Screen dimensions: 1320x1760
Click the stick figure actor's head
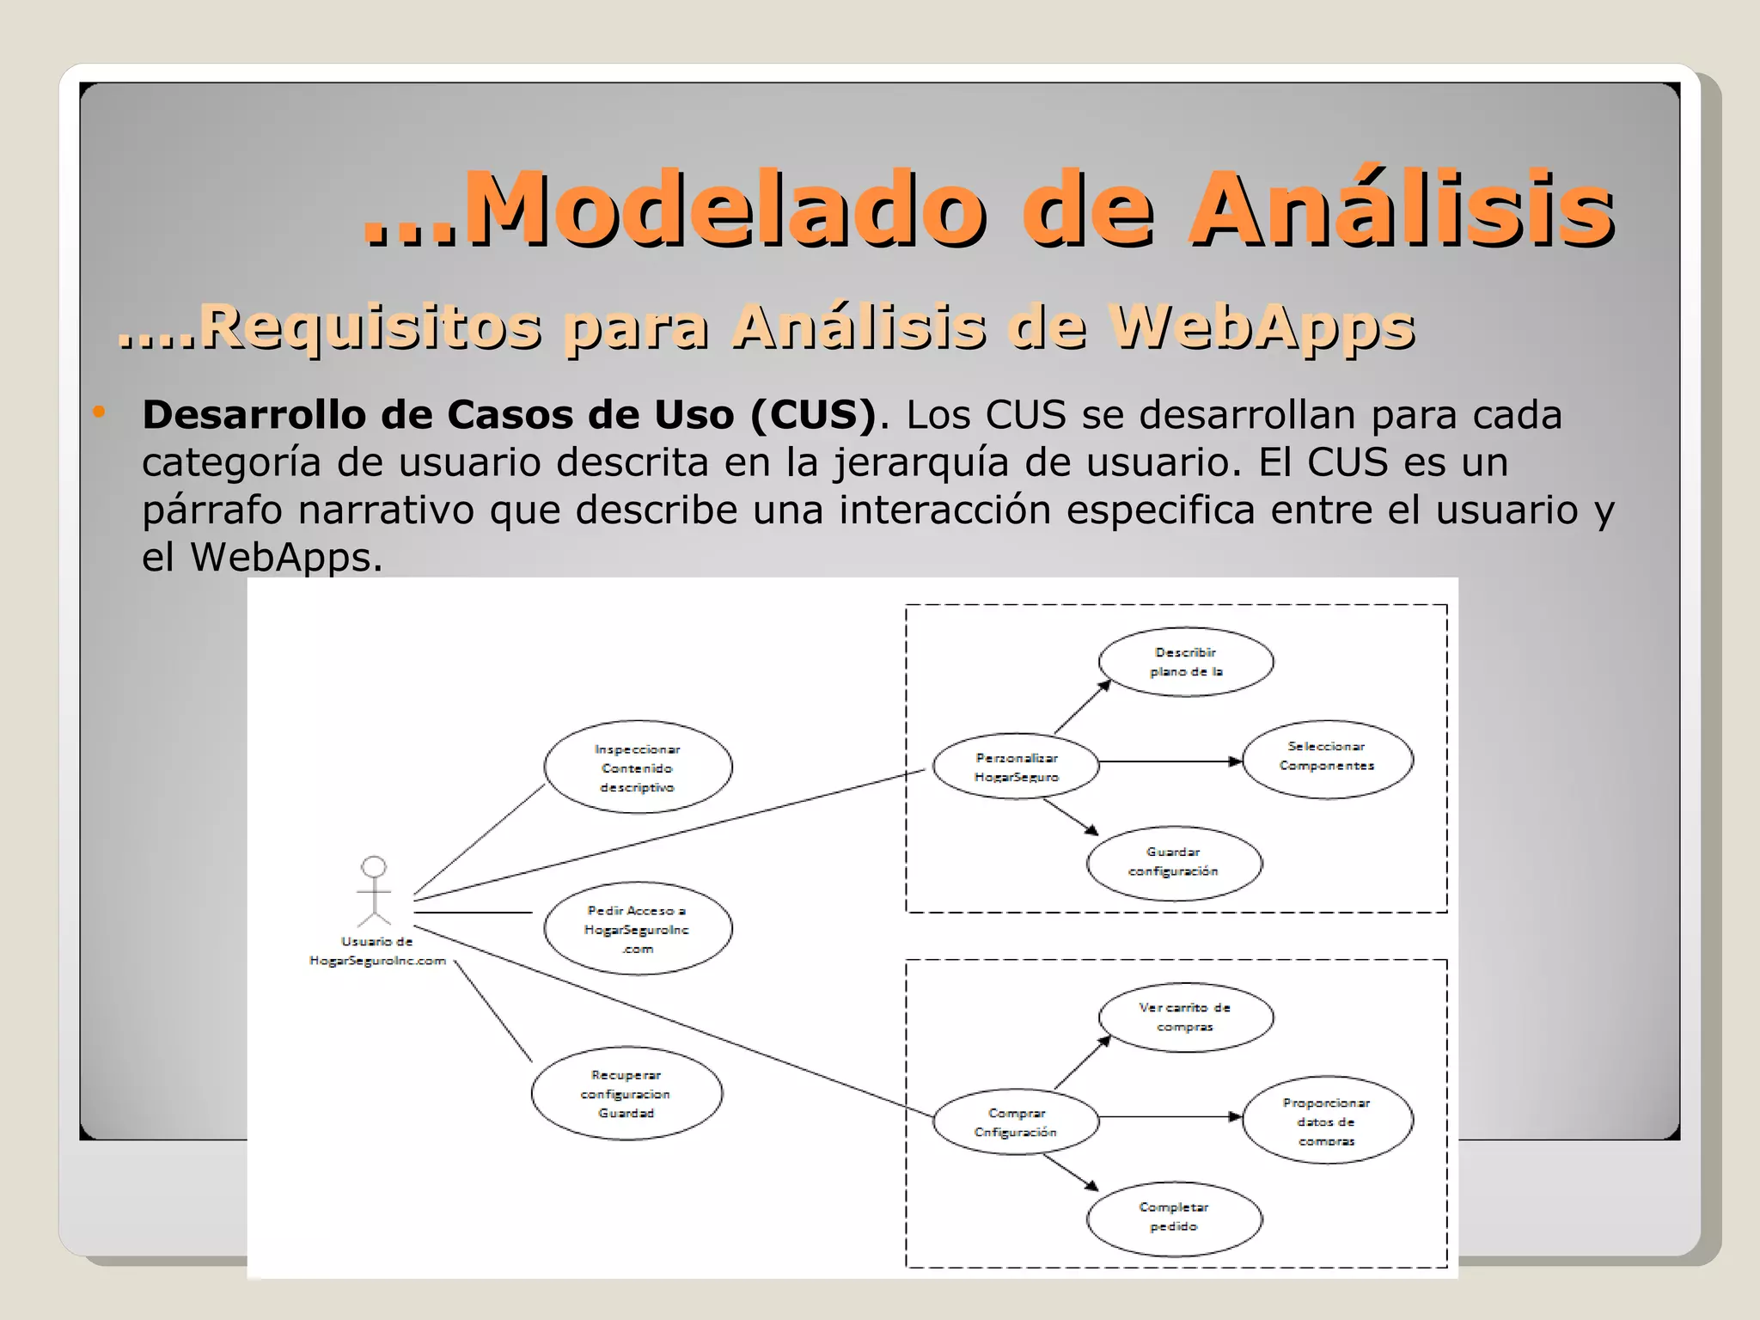click(x=374, y=866)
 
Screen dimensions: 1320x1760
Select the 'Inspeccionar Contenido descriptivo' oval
click(x=638, y=767)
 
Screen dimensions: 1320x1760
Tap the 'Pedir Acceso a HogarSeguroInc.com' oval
click(x=638, y=929)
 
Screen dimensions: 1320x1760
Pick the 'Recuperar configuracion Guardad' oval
click(x=626, y=1093)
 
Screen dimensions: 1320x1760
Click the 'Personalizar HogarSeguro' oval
click(x=1016, y=767)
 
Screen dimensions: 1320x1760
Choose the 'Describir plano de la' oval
click(x=1186, y=662)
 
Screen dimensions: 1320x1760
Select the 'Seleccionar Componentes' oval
click(x=1327, y=759)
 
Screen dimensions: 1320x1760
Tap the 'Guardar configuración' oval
click(x=1174, y=862)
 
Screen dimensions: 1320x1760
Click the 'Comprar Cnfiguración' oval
click(x=1016, y=1122)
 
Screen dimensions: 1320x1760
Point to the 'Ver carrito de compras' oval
click(x=1186, y=1017)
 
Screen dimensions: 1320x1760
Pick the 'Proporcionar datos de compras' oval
click(x=1327, y=1121)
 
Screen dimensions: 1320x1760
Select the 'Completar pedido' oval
click(x=1174, y=1217)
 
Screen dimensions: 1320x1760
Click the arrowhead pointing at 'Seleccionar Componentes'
click(x=1236, y=761)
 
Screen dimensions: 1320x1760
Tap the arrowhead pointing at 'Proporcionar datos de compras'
click(x=1236, y=1117)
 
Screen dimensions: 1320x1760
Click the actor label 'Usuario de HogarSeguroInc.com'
click(x=377, y=951)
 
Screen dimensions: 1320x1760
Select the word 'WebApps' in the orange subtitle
click(x=1261, y=327)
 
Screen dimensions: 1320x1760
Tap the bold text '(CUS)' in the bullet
click(x=813, y=415)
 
